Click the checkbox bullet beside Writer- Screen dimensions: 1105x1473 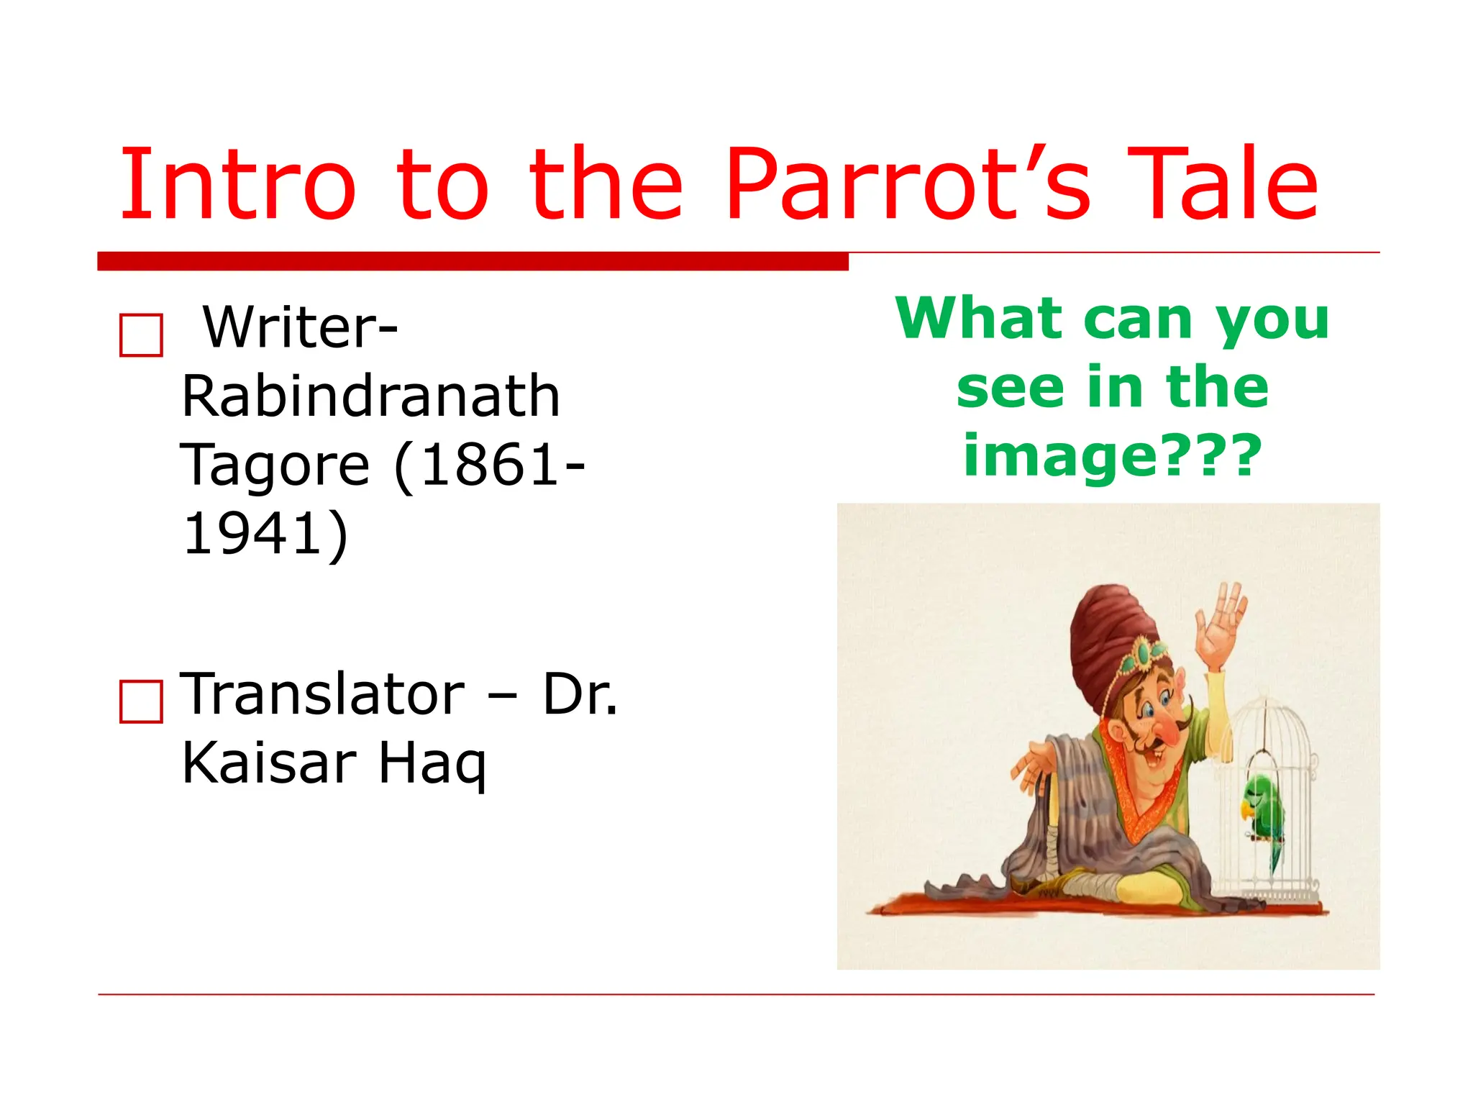[141, 335]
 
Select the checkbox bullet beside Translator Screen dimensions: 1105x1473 [141, 701]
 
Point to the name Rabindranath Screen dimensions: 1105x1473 [370, 396]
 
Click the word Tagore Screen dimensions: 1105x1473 [274, 465]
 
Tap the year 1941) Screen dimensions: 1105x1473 [265, 534]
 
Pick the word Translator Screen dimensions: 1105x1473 [322, 695]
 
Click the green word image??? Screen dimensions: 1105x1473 [1113, 456]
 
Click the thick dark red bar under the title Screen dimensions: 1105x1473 [473, 261]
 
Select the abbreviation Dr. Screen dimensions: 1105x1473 [580, 695]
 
